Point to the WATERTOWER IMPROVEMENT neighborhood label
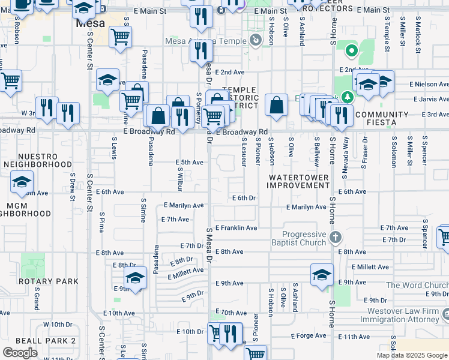(x=299, y=182)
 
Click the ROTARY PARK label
(x=48, y=281)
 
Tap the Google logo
(x=20, y=353)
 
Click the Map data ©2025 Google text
(x=412, y=355)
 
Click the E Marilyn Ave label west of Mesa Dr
(x=184, y=205)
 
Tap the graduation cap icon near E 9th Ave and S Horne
(x=322, y=275)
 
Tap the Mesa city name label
(x=90, y=24)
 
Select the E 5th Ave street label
(x=189, y=162)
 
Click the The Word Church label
(x=417, y=285)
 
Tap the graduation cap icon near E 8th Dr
(x=135, y=278)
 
